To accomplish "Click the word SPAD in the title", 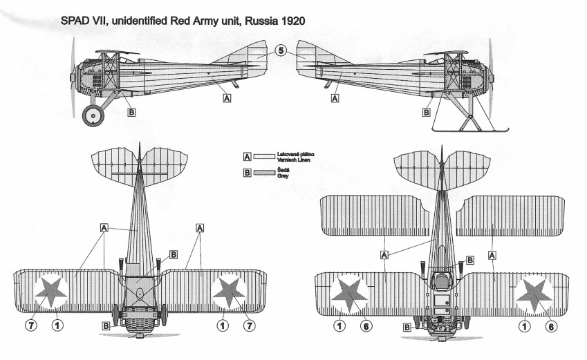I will (76, 23).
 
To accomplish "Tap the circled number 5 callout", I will (280, 50).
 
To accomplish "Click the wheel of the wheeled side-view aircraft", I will (93, 115).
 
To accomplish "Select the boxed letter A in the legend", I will (246, 157).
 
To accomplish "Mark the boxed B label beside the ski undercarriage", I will (427, 111).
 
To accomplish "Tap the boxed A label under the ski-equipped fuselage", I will (335, 99).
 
